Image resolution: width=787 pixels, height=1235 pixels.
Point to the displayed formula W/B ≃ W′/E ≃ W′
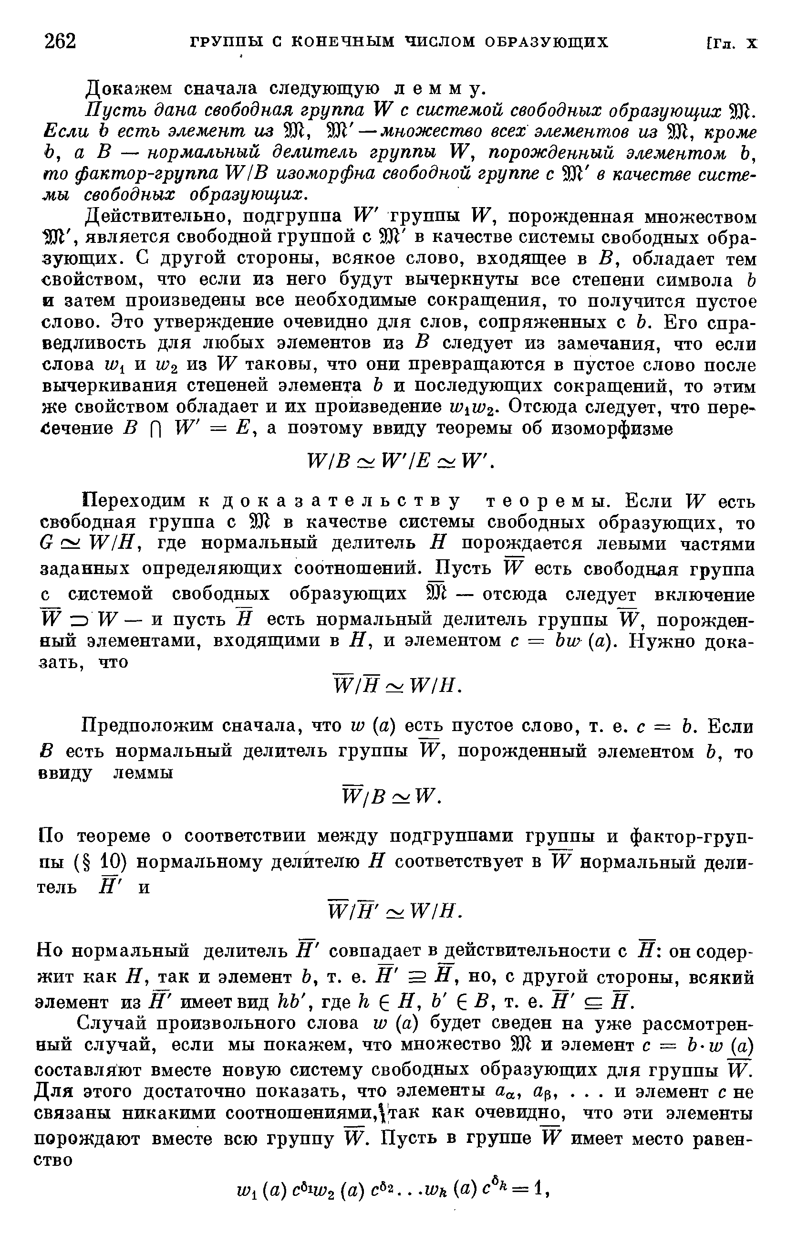400,462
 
